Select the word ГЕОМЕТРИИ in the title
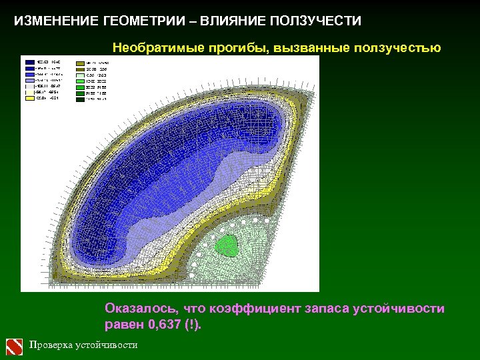click(142, 21)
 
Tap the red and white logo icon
click(15, 346)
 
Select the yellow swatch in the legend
click(30, 99)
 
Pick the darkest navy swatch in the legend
click(30, 61)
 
